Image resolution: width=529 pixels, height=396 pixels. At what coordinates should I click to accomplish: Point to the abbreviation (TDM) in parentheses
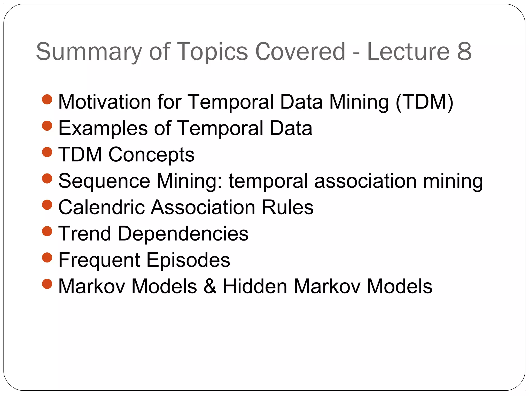click(424, 102)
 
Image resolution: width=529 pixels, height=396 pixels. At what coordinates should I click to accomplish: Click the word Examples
click(103, 128)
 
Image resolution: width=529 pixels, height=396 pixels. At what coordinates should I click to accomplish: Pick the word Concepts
click(151, 155)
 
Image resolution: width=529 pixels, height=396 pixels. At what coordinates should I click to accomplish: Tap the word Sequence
click(104, 181)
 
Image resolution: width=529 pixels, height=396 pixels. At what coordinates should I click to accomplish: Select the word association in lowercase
click(365, 181)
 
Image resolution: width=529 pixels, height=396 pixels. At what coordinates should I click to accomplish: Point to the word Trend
click(85, 234)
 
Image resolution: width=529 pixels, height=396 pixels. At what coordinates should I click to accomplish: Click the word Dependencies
click(183, 234)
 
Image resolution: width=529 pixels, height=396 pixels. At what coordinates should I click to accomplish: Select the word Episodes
click(188, 260)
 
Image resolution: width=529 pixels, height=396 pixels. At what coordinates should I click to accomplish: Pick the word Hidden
click(255, 286)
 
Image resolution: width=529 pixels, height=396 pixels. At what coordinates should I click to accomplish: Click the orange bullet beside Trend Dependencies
click(47, 231)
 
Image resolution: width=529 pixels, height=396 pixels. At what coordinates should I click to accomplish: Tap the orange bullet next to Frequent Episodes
click(47, 257)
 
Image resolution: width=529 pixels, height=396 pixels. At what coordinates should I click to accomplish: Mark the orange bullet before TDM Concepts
click(47, 152)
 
